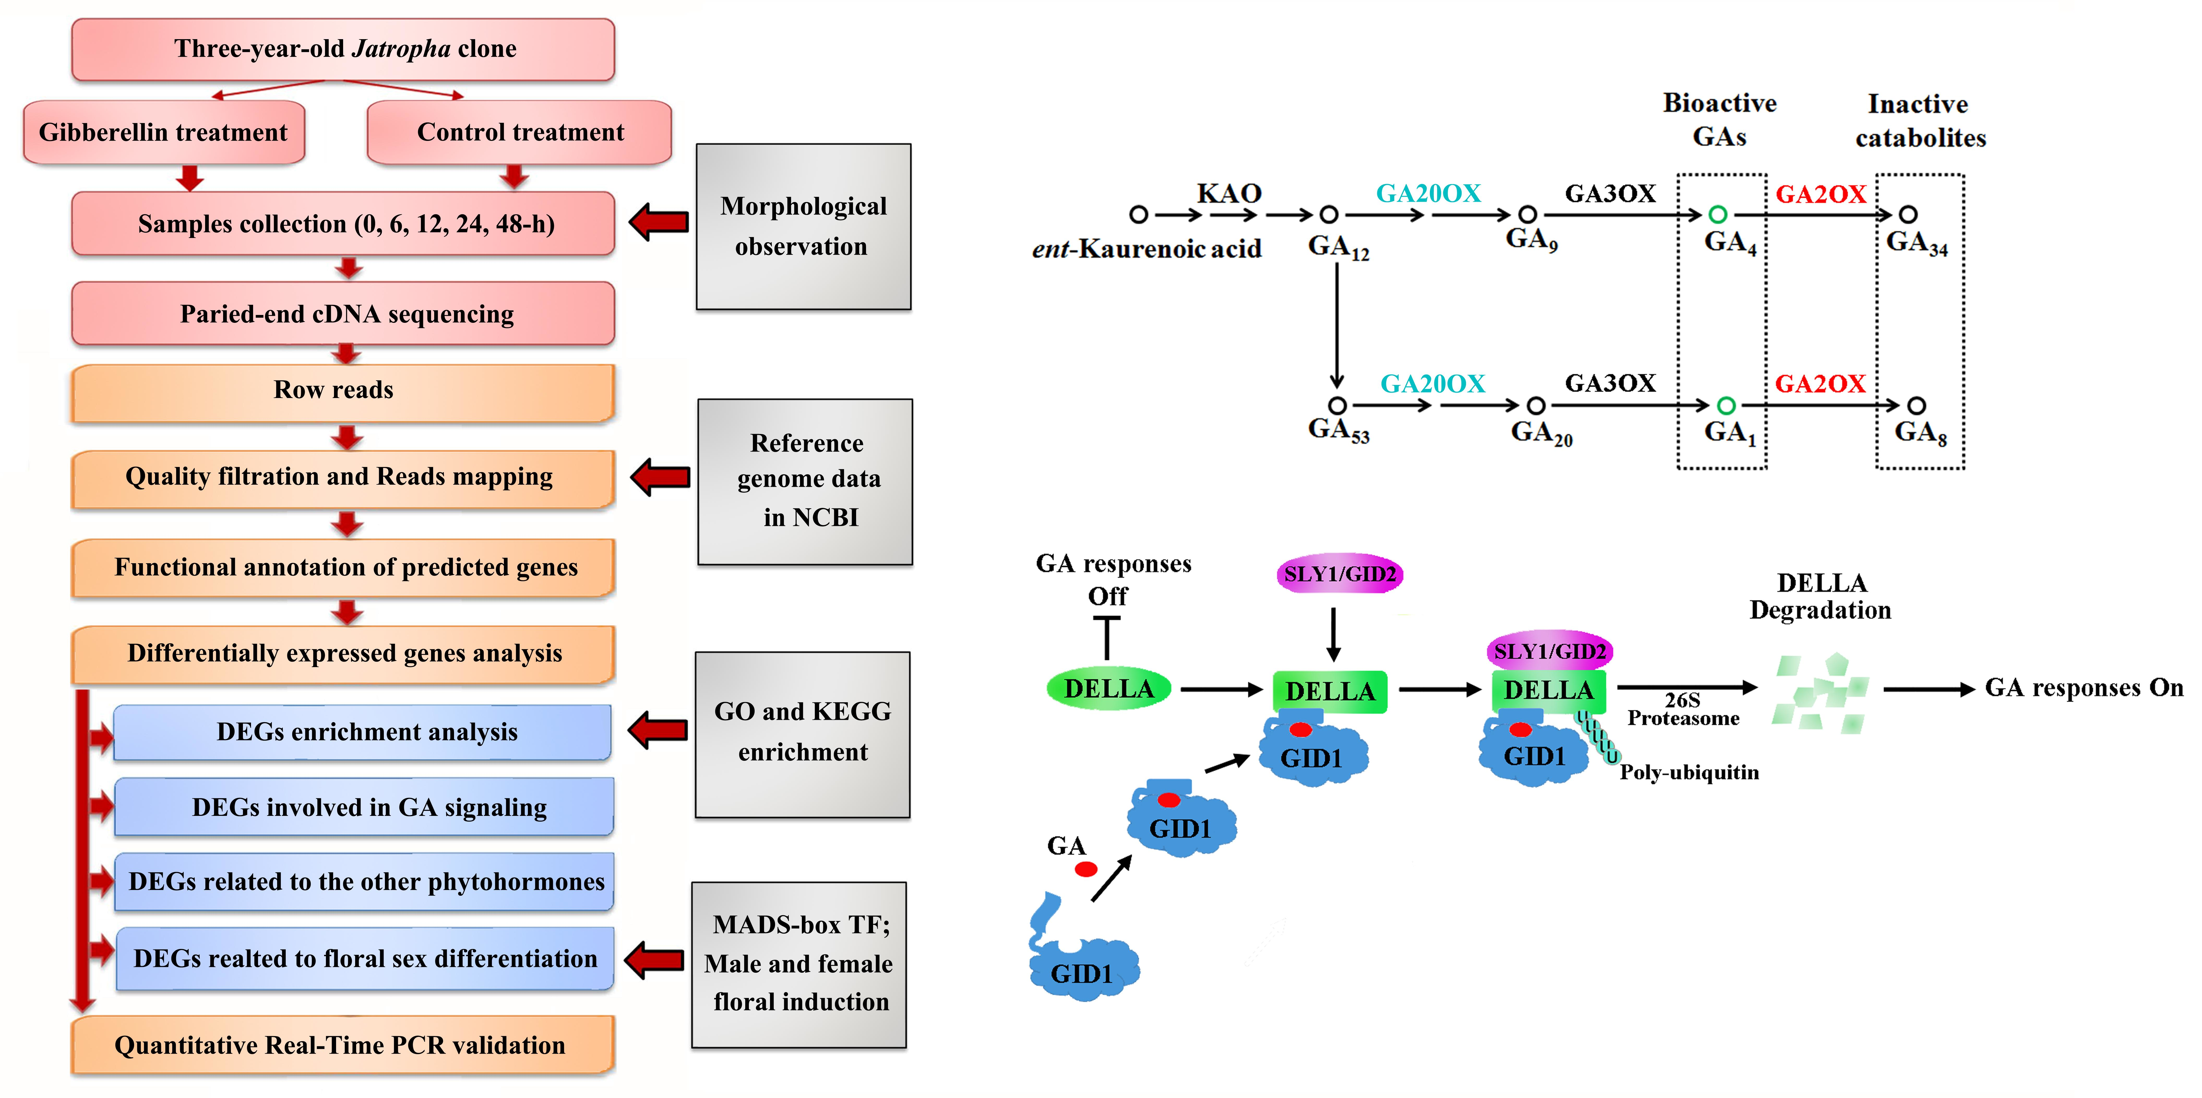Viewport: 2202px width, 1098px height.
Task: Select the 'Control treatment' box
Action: click(x=520, y=133)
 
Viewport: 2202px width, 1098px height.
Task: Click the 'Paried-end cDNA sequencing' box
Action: click(x=343, y=314)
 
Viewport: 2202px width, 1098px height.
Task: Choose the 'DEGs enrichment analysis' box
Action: click(x=362, y=732)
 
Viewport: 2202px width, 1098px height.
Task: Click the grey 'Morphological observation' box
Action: click(x=803, y=227)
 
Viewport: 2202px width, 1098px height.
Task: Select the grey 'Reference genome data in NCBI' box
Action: click(x=805, y=482)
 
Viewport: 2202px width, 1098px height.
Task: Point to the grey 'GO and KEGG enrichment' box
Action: click(x=803, y=734)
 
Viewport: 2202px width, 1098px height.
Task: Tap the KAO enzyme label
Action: click(x=1229, y=193)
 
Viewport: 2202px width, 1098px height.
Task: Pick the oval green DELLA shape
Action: click(x=1109, y=689)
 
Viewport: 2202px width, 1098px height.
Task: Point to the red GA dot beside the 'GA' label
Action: click(x=1086, y=869)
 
